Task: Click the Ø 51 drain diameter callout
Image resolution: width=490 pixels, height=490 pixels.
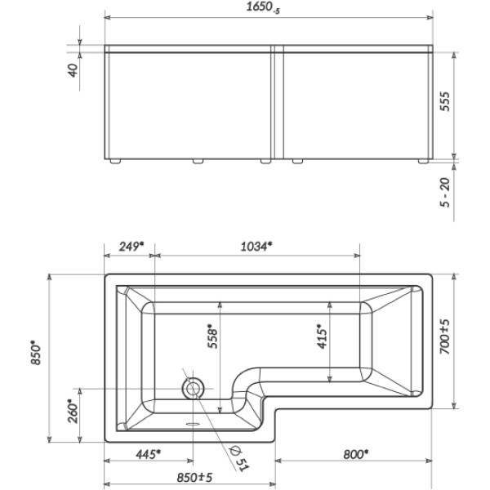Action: tap(238, 454)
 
